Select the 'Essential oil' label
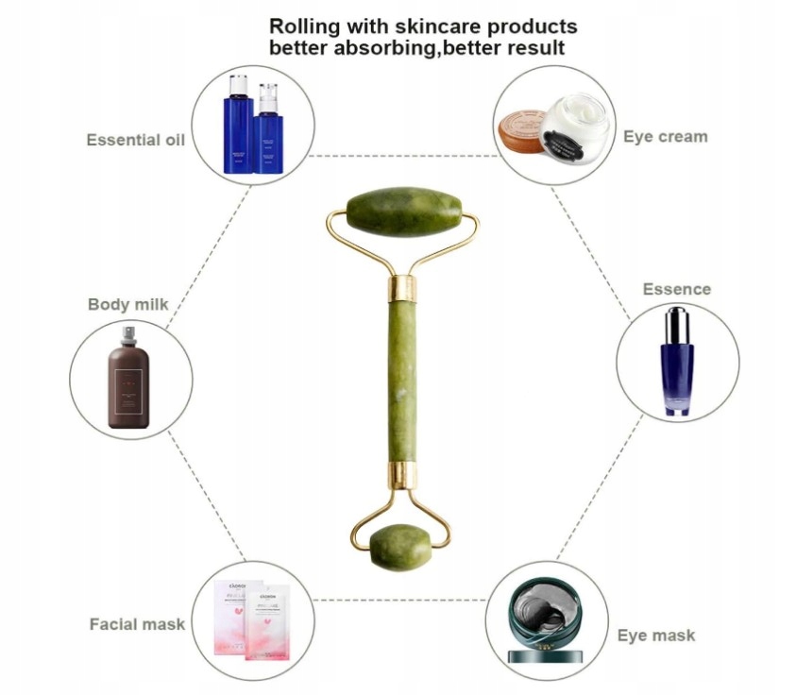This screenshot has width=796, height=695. [135, 140]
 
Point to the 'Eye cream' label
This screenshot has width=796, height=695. [665, 137]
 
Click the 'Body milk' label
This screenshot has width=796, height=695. [128, 304]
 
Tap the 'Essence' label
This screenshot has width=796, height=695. [677, 289]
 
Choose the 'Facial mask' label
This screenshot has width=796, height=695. [137, 624]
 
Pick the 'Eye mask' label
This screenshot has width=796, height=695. [656, 636]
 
